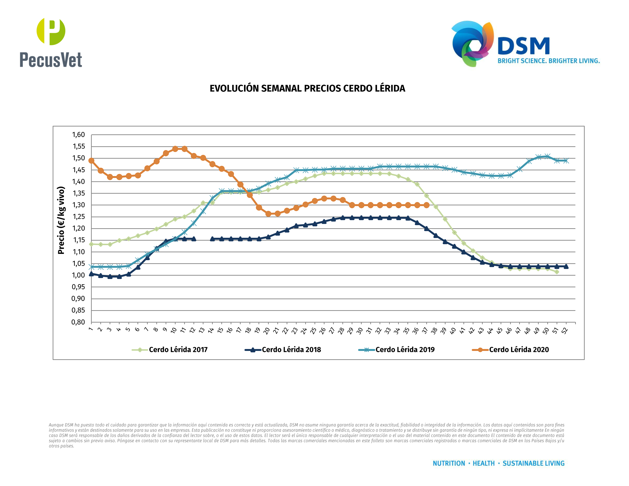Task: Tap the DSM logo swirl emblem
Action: [472, 43]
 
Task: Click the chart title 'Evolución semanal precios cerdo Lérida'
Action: [307, 88]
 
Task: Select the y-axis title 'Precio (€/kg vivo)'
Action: [61, 220]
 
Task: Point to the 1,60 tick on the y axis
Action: [78, 135]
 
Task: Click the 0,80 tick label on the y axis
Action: [78, 322]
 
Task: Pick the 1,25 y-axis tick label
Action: [78, 217]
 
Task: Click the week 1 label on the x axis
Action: [91, 329]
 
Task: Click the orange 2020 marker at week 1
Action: [91, 161]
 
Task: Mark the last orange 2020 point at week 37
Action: [426, 205]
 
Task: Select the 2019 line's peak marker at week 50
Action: [548, 156]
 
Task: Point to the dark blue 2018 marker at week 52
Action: [566, 266]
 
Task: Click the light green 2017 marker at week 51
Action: [557, 272]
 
